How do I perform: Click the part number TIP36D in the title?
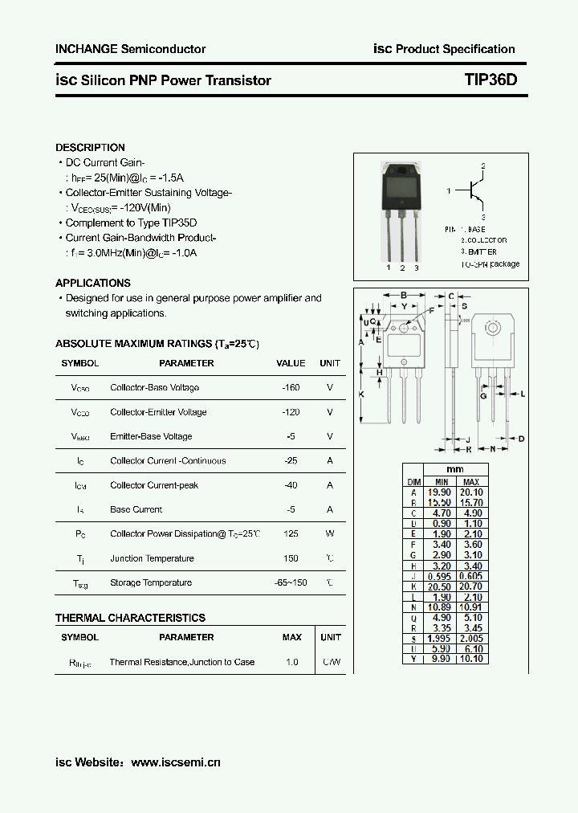pos(490,80)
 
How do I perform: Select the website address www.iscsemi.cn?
pos(175,762)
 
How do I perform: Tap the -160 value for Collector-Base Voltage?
pos(291,388)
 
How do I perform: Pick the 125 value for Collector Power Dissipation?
pos(291,534)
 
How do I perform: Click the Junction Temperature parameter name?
pos(152,558)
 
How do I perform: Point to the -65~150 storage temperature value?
pos(291,583)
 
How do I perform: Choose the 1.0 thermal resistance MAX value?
pos(291,662)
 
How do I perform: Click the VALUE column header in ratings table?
pos(291,363)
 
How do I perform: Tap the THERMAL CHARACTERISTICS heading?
pos(130,618)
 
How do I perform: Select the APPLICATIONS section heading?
pos(93,283)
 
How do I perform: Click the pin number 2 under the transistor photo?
pos(402,268)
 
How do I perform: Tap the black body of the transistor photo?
pos(401,190)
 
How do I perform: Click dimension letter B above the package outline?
pos(403,296)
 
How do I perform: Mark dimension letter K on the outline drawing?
pos(361,394)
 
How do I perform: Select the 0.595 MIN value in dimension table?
pos(438,576)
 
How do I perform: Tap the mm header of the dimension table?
pos(455,469)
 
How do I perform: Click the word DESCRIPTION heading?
pos(90,148)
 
